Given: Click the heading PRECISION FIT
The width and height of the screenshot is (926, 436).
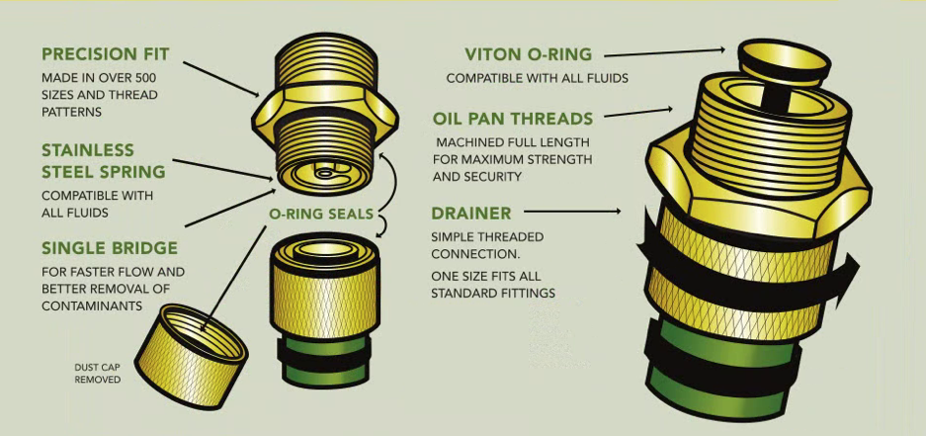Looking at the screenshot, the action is pos(105,54).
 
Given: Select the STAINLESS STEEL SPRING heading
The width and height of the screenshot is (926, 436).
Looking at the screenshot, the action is pos(104,161).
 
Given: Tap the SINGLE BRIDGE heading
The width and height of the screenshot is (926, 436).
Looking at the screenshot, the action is pos(110,248).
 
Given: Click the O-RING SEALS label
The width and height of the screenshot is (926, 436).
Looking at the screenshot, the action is pos(321,214).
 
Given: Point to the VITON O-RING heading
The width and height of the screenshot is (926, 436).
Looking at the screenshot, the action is pos(528,54).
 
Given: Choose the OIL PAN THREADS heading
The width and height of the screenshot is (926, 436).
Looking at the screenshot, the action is pos(513,119).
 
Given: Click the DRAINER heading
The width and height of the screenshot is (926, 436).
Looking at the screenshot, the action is pos(471,213).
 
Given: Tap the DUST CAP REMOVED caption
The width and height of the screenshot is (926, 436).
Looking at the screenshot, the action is pos(98,373).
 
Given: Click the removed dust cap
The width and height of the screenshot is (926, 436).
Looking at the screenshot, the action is pos(192,356).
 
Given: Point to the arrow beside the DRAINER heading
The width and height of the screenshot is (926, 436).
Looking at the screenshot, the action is pos(572,211).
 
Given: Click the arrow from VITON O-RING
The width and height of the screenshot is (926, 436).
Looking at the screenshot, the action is pos(664,53).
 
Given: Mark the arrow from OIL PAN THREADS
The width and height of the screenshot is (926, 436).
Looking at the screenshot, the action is pos(638,113).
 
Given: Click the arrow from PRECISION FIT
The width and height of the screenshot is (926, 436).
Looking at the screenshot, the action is pos(221,78).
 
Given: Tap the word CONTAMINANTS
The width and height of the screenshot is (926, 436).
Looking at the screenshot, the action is pos(92,306).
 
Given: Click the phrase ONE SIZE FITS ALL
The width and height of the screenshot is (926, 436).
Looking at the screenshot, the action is pos(485,277).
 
